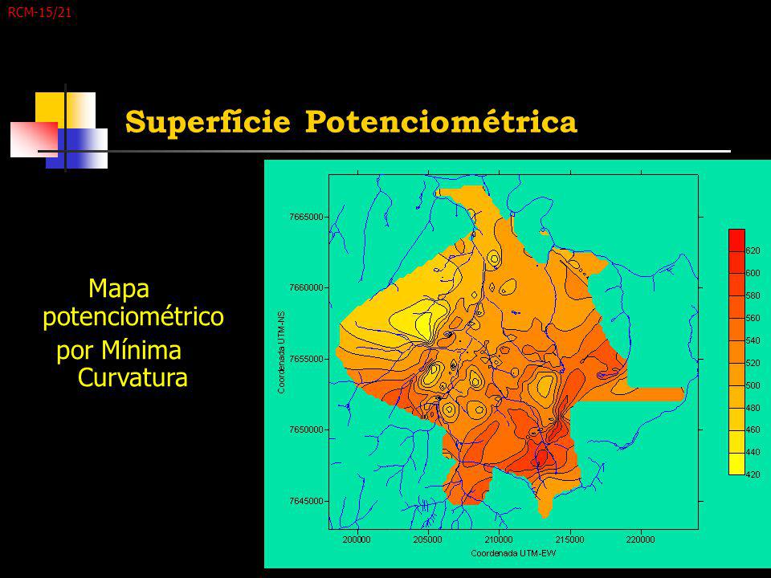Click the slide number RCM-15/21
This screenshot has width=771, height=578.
coord(39,13)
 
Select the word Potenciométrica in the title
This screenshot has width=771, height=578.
coord(441,122)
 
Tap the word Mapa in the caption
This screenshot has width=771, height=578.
coord(119,288)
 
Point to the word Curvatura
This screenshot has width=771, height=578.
coord(133,378)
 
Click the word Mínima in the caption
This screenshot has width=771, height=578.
coord(141,351)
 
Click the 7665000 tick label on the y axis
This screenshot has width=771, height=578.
coord(306,217)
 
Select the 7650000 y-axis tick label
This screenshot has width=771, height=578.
coord(306,429)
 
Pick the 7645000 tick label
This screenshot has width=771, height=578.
coord(306,501)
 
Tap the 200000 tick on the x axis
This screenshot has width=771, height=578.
coord(357,539)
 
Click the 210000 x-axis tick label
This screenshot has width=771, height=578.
coord(499,539)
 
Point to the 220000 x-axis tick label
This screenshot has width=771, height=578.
coord(641,539)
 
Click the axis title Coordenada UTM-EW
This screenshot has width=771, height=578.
coord(513,553)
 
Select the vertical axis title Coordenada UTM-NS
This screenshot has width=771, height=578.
coord(281,352)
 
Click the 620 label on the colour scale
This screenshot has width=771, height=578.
coord(753,250)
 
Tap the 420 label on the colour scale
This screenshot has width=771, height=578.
coord(753,474)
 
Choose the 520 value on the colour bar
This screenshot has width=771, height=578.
coord(753,363)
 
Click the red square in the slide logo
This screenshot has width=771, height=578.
coord(34,140)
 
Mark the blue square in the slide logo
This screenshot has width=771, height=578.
coord(77,149)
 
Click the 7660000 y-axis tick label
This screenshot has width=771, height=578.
coord(306,287)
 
